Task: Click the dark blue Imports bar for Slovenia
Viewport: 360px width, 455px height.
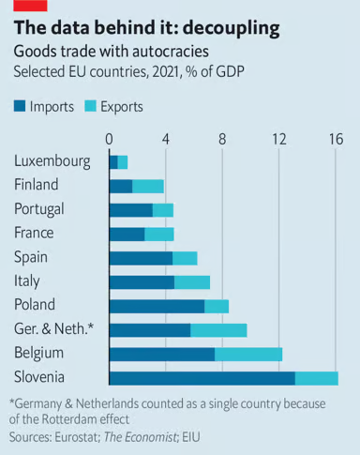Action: tap(202, 377)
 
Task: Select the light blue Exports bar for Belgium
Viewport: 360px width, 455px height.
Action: tap(248, 354)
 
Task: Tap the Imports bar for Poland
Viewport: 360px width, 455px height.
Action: tap(157, 306)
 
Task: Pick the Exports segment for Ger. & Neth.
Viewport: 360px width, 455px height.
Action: tap(218, 329)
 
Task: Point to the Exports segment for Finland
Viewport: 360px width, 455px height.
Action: tap(148, 186)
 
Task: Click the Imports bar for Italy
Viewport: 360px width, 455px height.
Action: tap(142, 281)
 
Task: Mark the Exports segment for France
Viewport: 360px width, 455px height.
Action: tap(159, 234)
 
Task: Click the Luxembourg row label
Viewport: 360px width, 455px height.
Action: tap(52, 161)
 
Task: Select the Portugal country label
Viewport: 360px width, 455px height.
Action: tap(42, 209)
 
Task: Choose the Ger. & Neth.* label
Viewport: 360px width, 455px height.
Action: tap(53, 329)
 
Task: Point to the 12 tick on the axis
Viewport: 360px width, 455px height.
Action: tap(279, 139)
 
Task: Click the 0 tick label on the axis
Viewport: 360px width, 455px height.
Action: tap(110, 139)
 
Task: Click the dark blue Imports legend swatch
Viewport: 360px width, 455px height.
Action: tap(21, 107)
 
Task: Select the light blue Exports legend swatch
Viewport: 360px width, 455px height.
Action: tap(92, 107)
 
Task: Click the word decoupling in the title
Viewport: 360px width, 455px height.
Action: tap(229, 28)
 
